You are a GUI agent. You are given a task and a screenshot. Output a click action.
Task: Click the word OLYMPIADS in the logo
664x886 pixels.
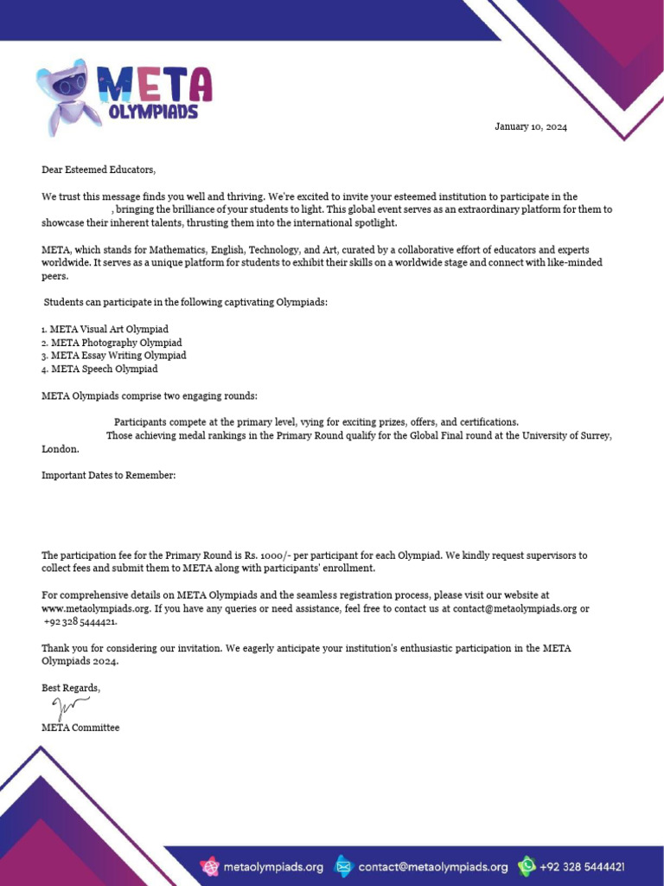[154, 112]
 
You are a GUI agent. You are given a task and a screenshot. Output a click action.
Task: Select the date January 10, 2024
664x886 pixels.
[531, 127]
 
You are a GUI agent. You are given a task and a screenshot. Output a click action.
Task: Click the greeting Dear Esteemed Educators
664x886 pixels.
[99, 170]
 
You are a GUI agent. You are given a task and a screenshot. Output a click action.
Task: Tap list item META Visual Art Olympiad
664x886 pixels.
[105, 330]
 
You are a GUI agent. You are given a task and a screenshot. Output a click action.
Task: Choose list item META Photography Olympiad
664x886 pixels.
[112, 343]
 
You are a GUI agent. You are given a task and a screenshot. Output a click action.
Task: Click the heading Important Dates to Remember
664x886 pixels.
[109, 475]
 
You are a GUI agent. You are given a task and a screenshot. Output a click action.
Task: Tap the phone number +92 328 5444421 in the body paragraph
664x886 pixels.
[80, 622]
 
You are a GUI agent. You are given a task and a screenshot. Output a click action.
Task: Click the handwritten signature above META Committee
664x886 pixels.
[70, 709]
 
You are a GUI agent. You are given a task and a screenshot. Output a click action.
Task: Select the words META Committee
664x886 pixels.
[80, 728]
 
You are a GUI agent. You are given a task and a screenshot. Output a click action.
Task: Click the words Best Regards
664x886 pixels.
[71, 688]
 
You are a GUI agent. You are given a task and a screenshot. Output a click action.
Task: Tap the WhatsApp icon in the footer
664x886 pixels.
[527, 865]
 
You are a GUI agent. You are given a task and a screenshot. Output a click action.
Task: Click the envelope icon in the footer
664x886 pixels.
[343, 865]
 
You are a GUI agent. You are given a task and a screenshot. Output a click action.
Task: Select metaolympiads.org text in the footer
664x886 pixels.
[273, 866]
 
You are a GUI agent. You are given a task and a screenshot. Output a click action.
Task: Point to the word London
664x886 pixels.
[60, 449]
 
